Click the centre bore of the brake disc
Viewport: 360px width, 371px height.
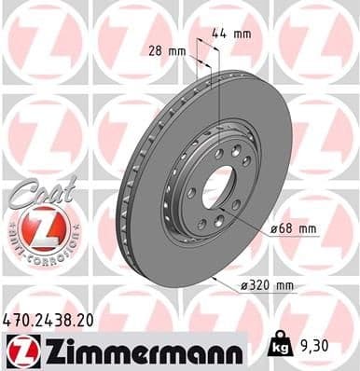pos(221,185)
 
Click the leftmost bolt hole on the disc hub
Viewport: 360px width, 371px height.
pos(191,193)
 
